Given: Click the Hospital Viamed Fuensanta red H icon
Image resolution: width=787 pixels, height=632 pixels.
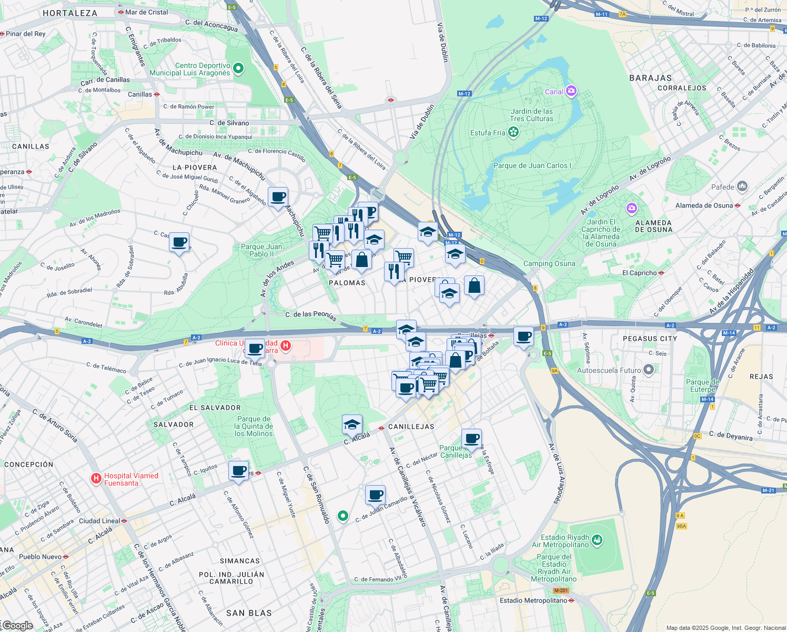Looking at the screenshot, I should pos(96,478).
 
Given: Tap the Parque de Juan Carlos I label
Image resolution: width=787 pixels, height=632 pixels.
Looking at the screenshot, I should pos(532,165).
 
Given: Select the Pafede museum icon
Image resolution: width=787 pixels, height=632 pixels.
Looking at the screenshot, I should pos(742,186).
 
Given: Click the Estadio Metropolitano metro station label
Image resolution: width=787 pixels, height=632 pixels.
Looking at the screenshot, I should pos(533,600).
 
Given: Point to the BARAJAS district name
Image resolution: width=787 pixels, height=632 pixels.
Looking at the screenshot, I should pos(650,78).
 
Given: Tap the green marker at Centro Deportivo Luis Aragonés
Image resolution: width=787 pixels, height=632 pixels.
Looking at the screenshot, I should pos(238,68).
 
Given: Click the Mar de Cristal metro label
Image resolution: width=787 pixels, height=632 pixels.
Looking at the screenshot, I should pos(146,12).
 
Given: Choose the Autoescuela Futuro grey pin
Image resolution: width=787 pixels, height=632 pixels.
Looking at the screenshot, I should pos(649,370).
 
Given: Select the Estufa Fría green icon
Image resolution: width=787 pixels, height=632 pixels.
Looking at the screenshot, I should pos(513,132).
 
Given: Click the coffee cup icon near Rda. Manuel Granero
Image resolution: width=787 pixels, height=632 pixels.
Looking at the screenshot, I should pos(278,197).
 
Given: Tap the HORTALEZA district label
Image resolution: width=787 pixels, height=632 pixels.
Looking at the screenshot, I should pos(70,13).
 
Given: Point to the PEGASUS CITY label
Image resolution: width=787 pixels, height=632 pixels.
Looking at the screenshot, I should pos(650,339).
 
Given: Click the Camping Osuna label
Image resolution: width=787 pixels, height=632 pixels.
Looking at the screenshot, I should pos(549,263).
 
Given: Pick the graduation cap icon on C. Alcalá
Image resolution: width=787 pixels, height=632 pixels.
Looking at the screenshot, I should pos(352,424).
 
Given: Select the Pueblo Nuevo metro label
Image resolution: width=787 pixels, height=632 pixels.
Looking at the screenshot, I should pos(41,557).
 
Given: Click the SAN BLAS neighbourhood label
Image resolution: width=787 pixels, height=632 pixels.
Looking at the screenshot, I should pos(249,613).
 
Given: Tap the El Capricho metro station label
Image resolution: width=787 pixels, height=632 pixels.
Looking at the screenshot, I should pos(639,273).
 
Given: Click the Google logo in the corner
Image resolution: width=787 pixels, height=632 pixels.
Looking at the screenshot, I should pos(17,626).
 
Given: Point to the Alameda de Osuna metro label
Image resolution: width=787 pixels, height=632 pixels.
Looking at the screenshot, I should pos(704,205).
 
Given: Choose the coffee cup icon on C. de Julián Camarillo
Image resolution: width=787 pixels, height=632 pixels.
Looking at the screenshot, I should pos(376,495).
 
